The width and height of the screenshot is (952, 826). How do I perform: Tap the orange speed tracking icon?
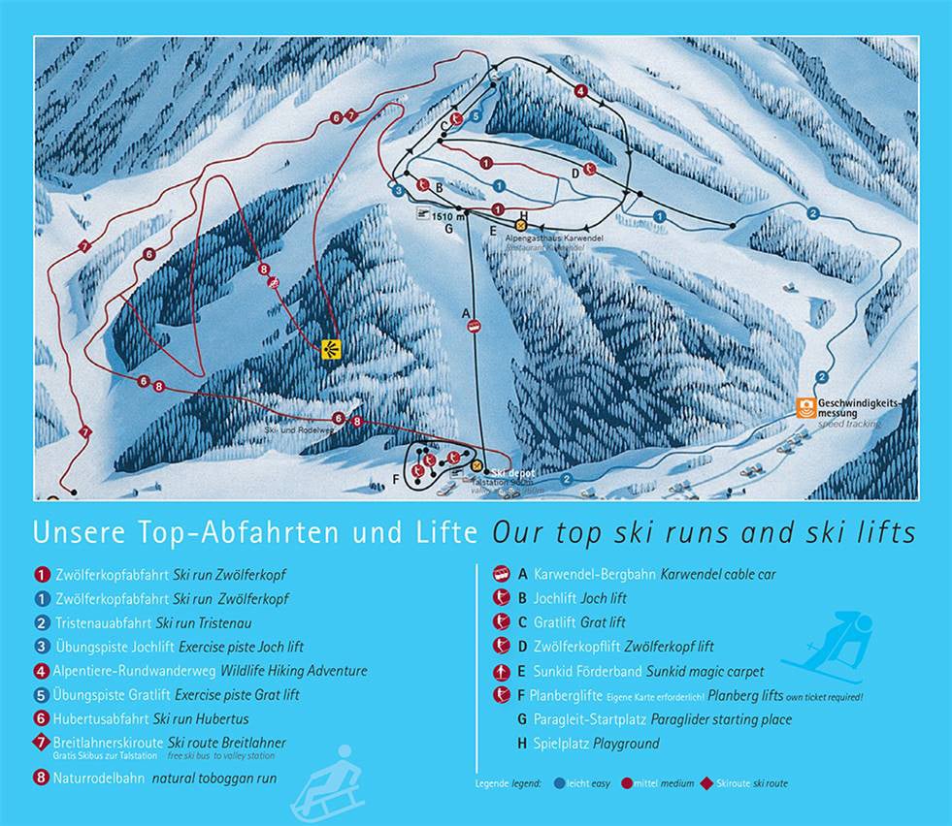(x=804, y=408)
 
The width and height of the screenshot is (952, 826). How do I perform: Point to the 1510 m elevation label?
(x=443, y=216)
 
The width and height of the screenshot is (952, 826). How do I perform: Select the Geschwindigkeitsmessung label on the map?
(x=860, y=407)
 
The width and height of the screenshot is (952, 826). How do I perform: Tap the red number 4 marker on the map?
(x=580, y=91)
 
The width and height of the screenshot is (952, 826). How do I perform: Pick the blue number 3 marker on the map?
(x=398, y=191)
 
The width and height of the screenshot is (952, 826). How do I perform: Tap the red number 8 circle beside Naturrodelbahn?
(x=42, y=778)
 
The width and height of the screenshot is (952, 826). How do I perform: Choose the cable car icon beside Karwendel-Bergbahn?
(x=502, y=574)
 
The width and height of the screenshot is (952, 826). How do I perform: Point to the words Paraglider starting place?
(x=721, y=719)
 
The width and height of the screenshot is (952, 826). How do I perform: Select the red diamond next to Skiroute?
(x=709, y=782)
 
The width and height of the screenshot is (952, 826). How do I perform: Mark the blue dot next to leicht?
(x=560, y=782)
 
